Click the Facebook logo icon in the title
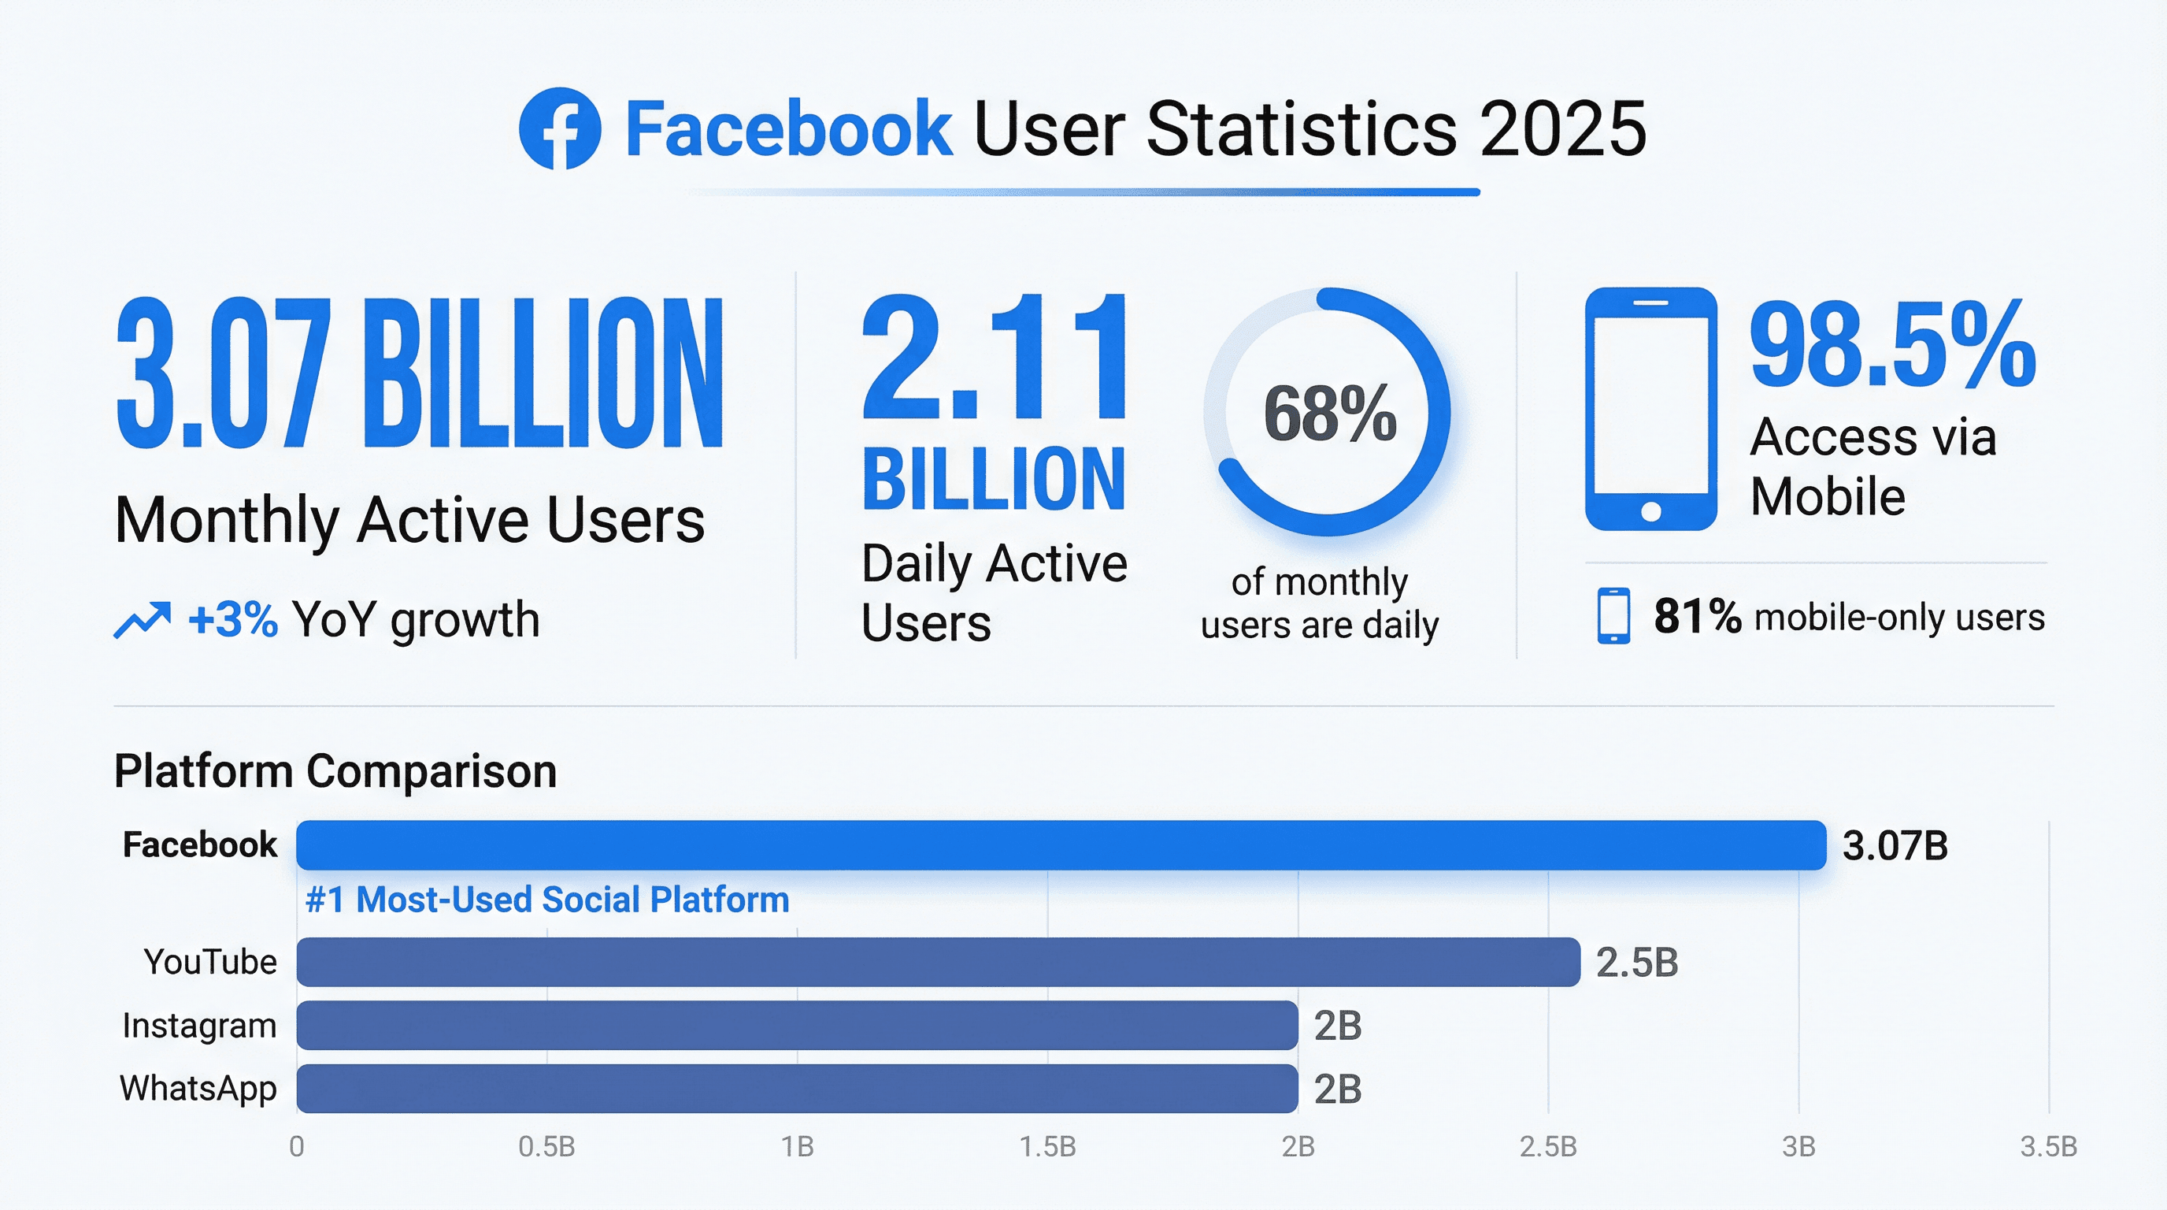click(559, 128)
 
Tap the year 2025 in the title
click(1562, 128)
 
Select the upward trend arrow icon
click(143, 621)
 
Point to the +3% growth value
click(233, 620)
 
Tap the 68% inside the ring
click(1329, 414)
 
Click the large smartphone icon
click(1650, 409)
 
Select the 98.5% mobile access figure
click(1892, 346)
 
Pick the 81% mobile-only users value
click(1697, 616)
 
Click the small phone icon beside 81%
click(1613, 616)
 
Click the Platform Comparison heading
click(335, 770)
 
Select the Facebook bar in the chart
click(1060, 844)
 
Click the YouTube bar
click(938, 962)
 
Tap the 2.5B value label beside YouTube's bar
click(1636, 963)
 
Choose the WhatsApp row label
click(198, 1088)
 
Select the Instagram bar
click(797, 1025)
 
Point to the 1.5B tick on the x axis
click(1047, 1146)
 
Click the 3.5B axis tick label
click(2048, 1146)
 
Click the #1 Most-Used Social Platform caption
click(546, 900)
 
